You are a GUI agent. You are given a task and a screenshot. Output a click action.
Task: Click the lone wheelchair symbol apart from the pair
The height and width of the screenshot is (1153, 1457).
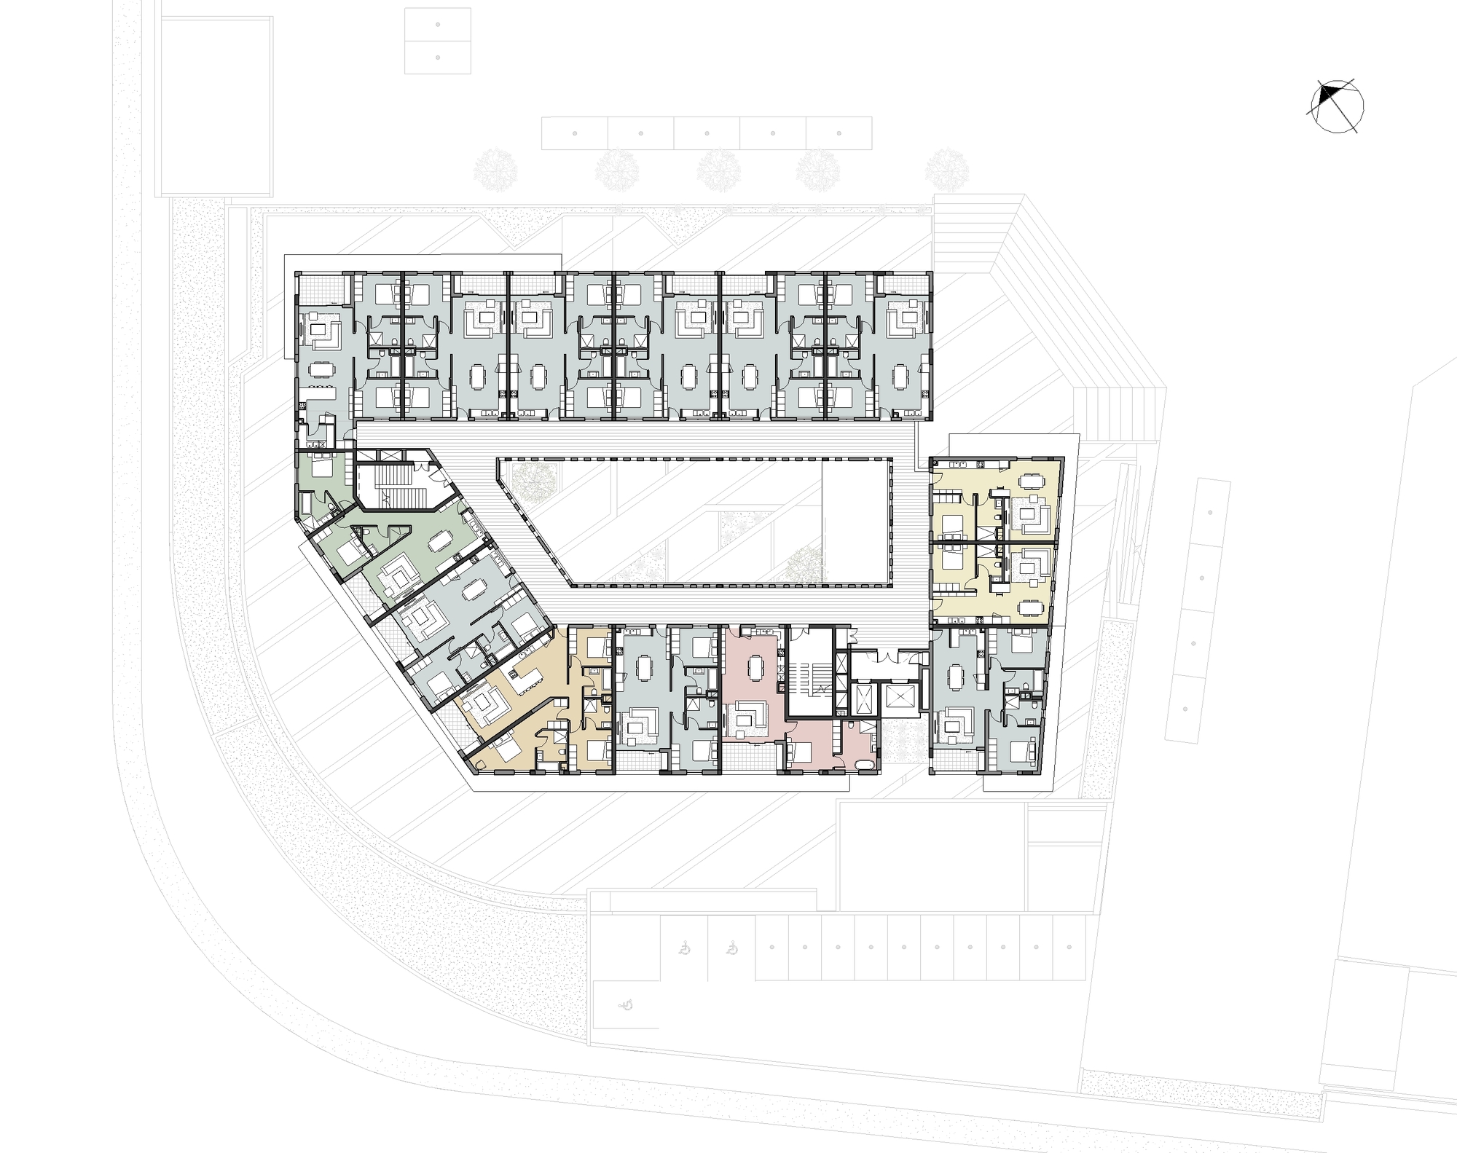coord(624,1004)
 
